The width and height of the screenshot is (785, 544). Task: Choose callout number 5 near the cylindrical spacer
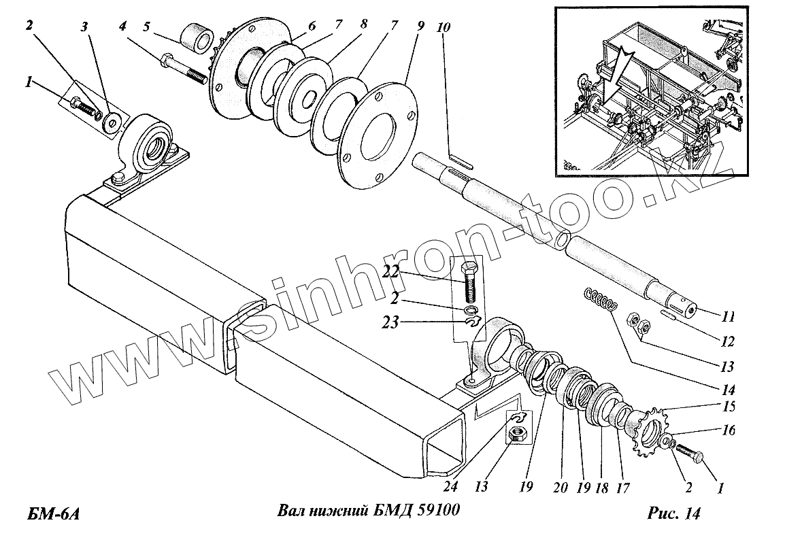146,29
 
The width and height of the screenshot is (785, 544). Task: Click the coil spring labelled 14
599,299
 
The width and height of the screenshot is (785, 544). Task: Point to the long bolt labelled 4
182,69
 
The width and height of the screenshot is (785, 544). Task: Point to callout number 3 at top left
84,28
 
